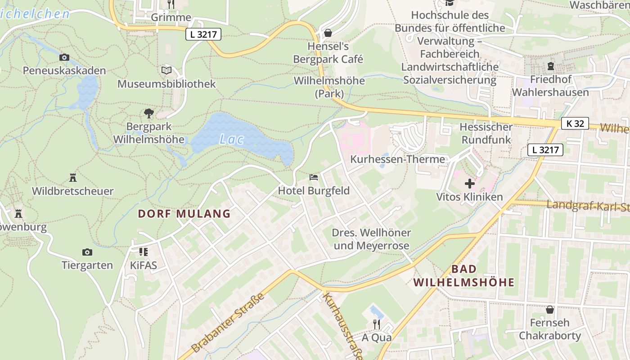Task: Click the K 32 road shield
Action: point(575,123)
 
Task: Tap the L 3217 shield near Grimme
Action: point(203,34)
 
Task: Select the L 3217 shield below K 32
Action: point(545,150)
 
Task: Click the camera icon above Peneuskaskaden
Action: point(64,57)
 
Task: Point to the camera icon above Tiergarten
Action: point(87,252)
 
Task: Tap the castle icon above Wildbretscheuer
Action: point(72,178)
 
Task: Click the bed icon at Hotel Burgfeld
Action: point(314,177)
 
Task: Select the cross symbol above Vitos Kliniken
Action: point(469,184)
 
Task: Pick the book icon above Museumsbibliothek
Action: point(166,70)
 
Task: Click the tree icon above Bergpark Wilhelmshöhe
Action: point(148,113)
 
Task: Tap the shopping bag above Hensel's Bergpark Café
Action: point(328,33)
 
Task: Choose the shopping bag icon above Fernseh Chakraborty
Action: point(549,310)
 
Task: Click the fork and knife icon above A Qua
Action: point(377,324)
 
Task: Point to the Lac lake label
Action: point(232,139)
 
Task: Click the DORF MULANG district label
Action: point(184,213)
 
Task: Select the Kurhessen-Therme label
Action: point(397,159)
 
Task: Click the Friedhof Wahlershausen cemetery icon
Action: point(550,66)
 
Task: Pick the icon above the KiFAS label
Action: point(144,252)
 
